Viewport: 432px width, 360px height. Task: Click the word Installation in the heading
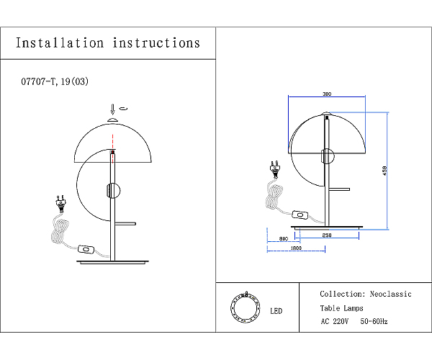(60, 43)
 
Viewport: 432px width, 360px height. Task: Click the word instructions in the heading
(156, 43)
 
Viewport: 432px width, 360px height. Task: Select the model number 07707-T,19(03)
(55, 81)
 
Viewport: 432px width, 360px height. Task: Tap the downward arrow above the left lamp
(112, 109)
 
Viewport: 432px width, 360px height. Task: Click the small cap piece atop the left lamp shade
(113, 120)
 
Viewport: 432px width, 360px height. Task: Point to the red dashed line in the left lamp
(113, 149)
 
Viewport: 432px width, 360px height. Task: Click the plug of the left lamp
(61, 204)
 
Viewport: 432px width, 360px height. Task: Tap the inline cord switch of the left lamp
(86, 249)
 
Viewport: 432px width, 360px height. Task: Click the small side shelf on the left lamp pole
(125, 224)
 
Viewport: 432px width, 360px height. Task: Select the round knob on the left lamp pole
(113, 190)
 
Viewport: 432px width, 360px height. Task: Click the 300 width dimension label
(327, 94)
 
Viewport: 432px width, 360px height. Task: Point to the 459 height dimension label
(384, 171)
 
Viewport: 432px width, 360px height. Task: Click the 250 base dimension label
(327, 235)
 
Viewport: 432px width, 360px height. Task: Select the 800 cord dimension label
(284, 238)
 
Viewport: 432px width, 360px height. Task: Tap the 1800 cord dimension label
(296, 248)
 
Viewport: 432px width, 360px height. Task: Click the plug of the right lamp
(275, 169)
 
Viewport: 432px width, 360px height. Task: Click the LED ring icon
(246, 307)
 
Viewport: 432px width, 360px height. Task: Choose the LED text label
(276, 311)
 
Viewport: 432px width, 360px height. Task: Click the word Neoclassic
(391, 294)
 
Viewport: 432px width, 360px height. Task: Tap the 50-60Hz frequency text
(374, 321)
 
